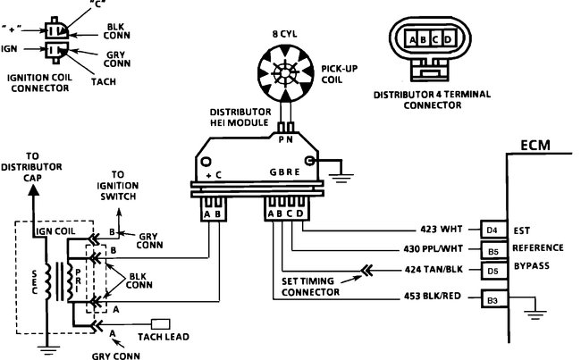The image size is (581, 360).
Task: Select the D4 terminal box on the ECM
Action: (x=493, y=230)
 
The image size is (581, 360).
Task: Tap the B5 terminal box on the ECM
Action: (x=493, y=249)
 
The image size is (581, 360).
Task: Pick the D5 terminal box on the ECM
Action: (x=493, y=269)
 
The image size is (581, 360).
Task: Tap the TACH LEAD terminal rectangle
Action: (x=164, y=322)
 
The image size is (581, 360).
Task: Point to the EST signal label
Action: (x=524, y=230)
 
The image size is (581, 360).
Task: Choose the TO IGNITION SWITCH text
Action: (x=125, y=186)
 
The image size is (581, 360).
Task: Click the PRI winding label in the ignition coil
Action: (x=79, y=264)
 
